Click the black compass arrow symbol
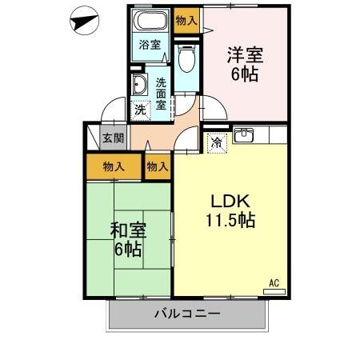point(82,22)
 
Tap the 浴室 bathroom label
point(148,45)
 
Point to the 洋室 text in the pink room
point(246,56)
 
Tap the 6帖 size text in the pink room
point(246,77)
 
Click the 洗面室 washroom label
point(162,94)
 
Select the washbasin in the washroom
point(142,85)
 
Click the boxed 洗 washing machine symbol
point(140,110)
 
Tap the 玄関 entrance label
point(113,138)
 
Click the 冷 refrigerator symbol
point(216,142)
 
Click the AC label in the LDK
point(274,282)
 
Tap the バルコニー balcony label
point(187,314)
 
